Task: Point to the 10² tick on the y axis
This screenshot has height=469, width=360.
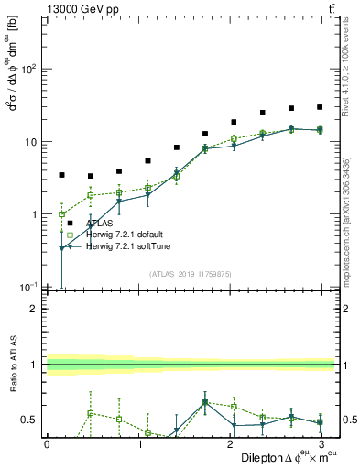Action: pos(28,70)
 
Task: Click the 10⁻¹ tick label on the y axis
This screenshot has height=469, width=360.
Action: pos(28,287)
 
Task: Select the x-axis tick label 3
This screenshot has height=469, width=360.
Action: pos(320,444)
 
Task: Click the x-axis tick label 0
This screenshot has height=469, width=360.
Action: pos(47,444)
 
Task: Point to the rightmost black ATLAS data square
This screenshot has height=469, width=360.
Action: pos(320,107)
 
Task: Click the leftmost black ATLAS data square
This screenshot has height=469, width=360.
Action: pos(61,174)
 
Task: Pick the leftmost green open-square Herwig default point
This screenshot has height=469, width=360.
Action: pos(61,214)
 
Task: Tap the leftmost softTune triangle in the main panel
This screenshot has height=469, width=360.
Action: pos(61,248)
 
